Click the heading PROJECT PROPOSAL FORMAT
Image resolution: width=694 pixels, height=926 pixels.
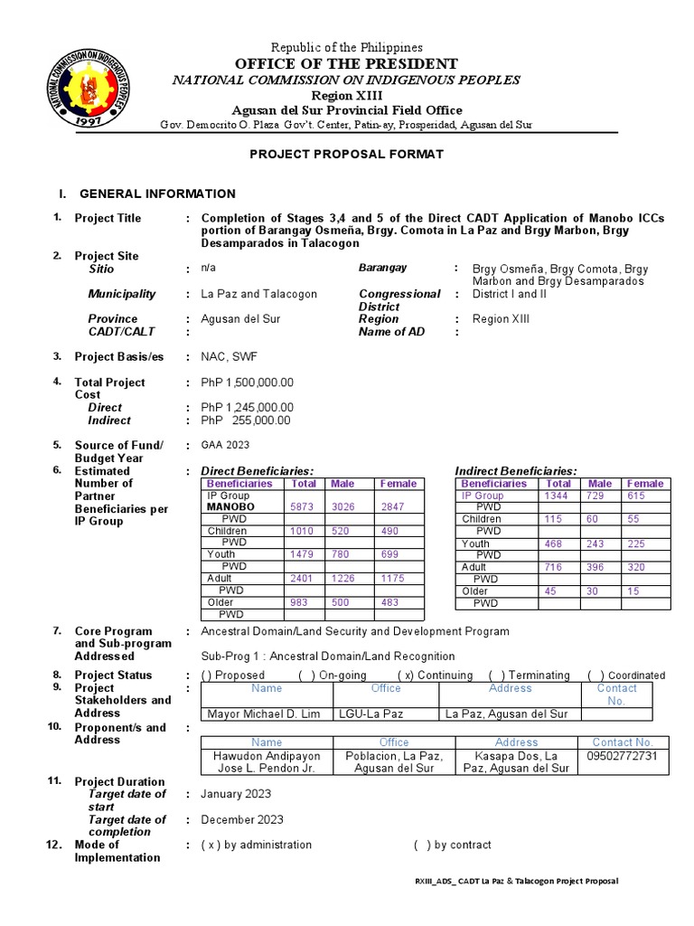(x=347, y=155)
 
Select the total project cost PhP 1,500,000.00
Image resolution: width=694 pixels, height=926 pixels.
(x=247, y=383)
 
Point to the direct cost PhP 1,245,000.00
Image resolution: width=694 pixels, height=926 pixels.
(x=247, y=408)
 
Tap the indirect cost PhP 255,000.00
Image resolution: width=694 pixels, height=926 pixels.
(x=246, y=420)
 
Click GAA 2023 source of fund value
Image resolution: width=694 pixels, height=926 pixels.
(x=225, y=445)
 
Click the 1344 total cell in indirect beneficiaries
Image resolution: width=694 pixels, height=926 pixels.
(x=556, y=496)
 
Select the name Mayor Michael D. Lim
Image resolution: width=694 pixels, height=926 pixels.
(x=264, y=714)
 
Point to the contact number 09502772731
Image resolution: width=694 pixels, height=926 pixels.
(x=623, y=755)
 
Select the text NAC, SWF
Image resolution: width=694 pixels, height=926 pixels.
(x=229, y=357)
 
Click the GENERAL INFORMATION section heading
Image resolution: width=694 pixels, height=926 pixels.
(x=157, y=194)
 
